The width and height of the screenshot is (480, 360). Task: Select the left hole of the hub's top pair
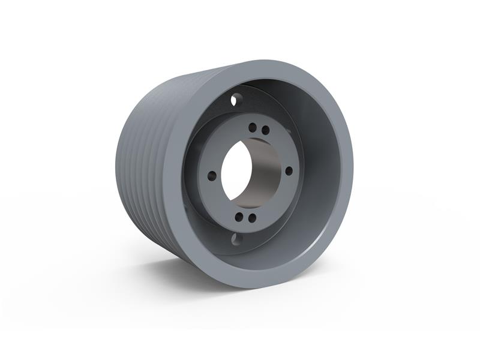252,127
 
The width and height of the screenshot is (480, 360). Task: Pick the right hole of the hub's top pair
265,130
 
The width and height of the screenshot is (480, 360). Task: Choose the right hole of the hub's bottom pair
252,218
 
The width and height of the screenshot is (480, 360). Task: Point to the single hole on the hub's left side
212,176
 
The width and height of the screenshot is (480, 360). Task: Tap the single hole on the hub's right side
289,170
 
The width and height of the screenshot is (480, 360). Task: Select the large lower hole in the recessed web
235,239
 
